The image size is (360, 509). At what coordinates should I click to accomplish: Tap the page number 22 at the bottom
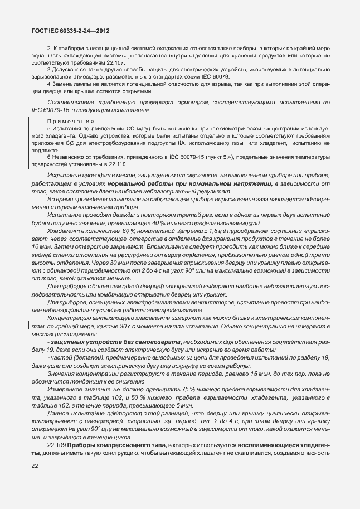35,466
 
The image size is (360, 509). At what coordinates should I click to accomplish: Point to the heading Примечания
70,121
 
